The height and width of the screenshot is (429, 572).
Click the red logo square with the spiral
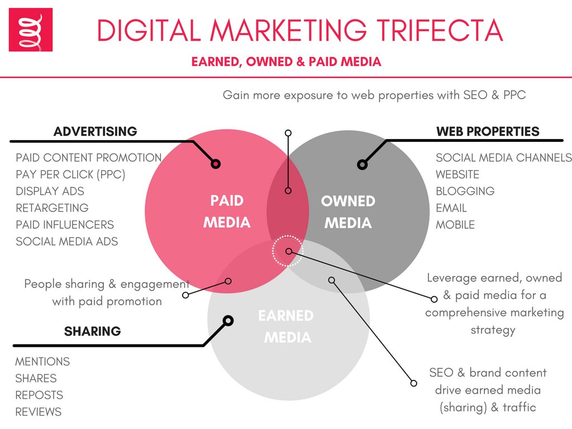pos(31,30)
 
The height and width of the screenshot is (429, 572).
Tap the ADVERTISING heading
pos(95,132)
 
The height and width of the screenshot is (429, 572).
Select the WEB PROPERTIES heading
pos(488,132)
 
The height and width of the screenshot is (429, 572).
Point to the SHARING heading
pos(92,331)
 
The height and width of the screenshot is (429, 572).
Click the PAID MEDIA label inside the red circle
pos(227,212)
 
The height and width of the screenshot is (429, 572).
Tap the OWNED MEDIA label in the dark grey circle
pos(348,212)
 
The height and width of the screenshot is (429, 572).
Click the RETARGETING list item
pos(52,208)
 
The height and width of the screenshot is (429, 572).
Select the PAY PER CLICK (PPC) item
pos(70,174)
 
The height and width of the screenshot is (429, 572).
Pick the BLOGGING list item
pos(465,191)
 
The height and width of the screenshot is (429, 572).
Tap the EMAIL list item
pos(451,208)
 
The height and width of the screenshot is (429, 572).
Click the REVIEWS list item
pos(38,412)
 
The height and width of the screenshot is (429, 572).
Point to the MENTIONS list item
pos(42,361)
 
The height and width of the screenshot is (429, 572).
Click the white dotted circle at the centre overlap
pos(288,251)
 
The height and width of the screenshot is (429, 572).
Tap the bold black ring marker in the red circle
pos(216,164)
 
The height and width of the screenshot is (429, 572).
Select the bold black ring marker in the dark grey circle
pos(362,164)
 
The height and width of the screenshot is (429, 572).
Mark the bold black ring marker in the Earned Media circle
pos(227,321)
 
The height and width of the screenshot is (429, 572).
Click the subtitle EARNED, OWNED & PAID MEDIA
pos(286,61)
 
